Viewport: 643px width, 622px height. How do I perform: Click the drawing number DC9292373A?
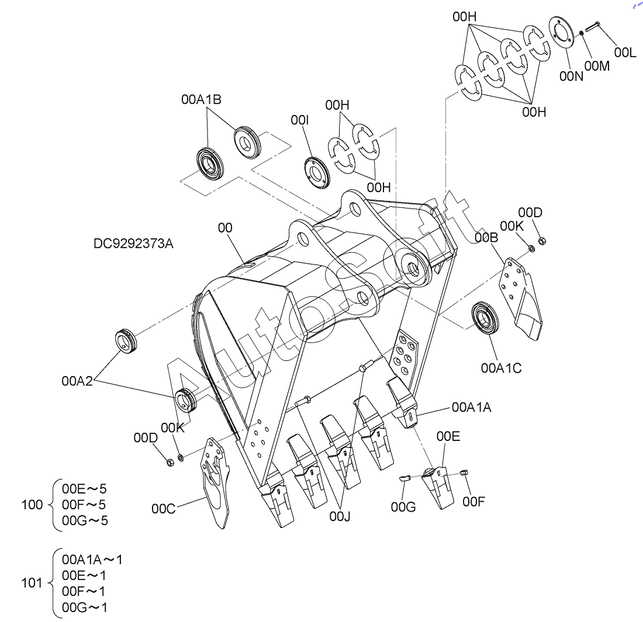click(133, 244)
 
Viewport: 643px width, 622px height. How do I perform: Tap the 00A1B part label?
click(201, 99)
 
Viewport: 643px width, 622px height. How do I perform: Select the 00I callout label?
click(300, 120)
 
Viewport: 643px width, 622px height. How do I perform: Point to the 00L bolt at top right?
click(593, 26)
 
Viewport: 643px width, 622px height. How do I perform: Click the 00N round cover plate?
click(561, 32)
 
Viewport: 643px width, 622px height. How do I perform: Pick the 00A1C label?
click(501, 368)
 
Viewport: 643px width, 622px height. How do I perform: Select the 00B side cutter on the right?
click(521, 298)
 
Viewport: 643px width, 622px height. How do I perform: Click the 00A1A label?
click(472, 407)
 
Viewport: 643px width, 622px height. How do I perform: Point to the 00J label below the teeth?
click(340, 517)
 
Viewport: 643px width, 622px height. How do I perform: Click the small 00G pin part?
click(405, 478)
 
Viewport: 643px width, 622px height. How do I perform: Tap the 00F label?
click(473, 502)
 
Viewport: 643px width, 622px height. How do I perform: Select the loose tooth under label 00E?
click(438, 487)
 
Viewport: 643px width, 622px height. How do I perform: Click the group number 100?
click(32, 505)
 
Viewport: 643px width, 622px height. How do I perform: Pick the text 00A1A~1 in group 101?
click(92, 560)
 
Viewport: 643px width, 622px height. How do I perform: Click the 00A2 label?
click(77, 381)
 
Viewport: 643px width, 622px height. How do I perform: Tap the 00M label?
click(597, 66)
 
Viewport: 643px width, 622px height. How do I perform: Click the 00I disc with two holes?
click(317, 172)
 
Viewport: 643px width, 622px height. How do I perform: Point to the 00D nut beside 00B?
click(541, 241)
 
